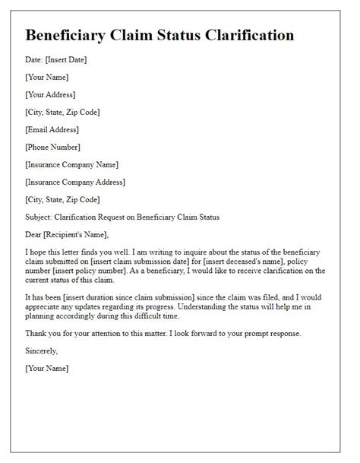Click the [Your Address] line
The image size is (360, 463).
(x=51, y=95)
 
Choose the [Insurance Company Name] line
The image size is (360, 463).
(x=71, y=164)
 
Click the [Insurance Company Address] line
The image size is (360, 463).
(x=75, y=182)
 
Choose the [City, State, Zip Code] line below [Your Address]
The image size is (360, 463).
(x=63, y=113)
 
